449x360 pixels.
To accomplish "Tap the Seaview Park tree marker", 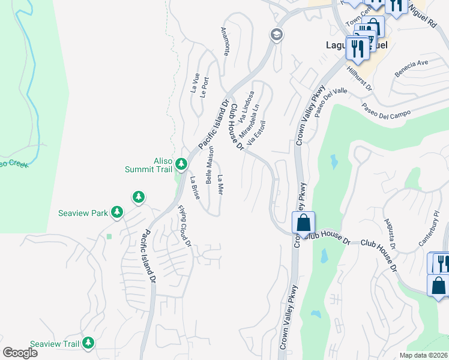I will [117, 212].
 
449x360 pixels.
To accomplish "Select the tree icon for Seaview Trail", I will [89, 343].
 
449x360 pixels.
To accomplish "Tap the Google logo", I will [20, 352].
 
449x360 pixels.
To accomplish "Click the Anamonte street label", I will [226, 41].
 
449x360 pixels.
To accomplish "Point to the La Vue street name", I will [195, 82].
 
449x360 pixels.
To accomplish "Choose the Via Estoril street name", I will [256, 131].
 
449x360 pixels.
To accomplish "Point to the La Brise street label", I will [194, 187].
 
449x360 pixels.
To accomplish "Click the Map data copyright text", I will [423, 355].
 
